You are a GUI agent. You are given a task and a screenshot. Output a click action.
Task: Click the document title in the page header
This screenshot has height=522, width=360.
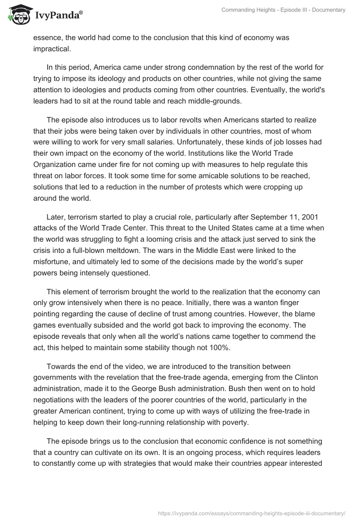283,10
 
